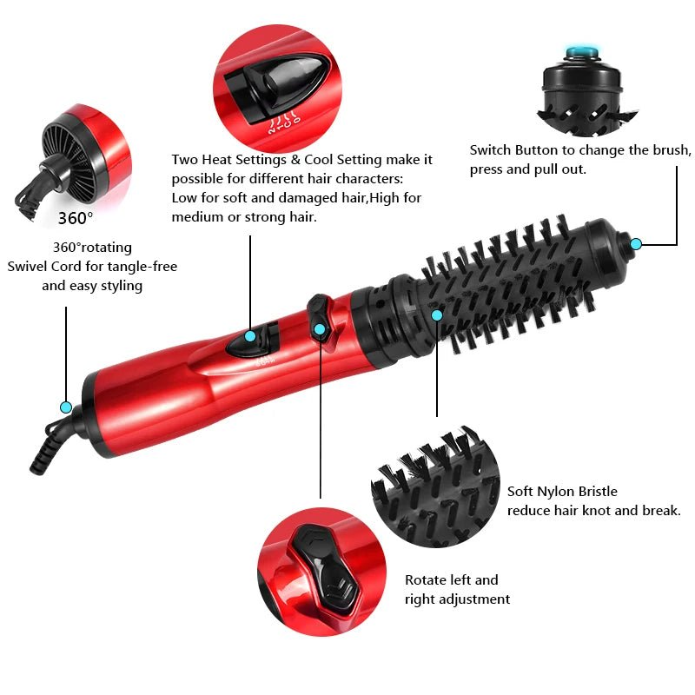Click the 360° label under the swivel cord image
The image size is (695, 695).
click(76, 217)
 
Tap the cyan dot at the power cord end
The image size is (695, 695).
click(65, 407)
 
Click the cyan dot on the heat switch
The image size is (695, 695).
click(250, 336)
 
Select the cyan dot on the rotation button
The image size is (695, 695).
click(320, 328)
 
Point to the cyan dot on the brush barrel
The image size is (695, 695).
click(437, 314)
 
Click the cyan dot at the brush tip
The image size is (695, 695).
click(635, 244)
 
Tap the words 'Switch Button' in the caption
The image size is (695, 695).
click(513, 150)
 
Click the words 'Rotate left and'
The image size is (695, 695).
click(451, 580)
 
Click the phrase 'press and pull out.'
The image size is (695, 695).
click(527, 169)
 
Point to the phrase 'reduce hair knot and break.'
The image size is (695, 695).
click(593, 511)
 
